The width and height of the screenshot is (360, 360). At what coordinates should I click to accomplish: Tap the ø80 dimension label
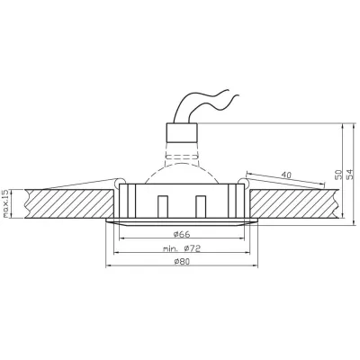coord(181,264)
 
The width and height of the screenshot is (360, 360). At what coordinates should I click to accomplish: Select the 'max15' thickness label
coord(6,204)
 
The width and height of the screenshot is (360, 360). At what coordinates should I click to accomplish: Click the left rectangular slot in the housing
coord(162,206)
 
